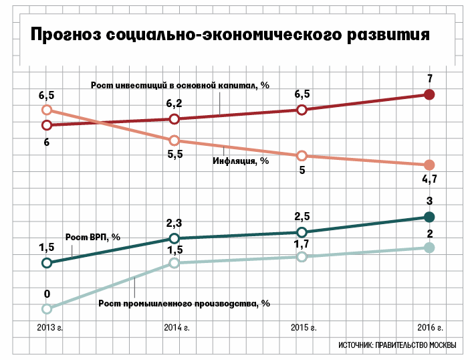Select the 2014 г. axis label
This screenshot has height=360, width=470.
pos(177,328)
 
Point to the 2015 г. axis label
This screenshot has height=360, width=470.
pos(304,328)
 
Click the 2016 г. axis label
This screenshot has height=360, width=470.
pos(430,328)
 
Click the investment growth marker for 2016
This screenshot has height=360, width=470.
pos(430,94)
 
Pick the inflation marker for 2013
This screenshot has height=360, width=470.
pos(46,110)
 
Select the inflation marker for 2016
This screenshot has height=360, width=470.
pos(429,165)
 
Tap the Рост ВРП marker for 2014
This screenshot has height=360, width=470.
pos(174,238)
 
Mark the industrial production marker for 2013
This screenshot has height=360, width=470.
pos(46,308)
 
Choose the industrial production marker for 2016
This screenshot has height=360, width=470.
pos(429,248)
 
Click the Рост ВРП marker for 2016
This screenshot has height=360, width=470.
pos(429,216)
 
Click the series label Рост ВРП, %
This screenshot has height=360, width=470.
pos(92,236)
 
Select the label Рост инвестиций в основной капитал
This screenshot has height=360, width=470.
pos(181,85)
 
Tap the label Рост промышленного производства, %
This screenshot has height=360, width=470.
pos(184,302)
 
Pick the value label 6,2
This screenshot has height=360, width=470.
pos(174,104)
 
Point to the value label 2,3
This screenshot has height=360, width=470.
pos(174,223)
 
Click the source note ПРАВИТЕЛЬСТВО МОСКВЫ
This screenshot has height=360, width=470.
pos(397,345)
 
